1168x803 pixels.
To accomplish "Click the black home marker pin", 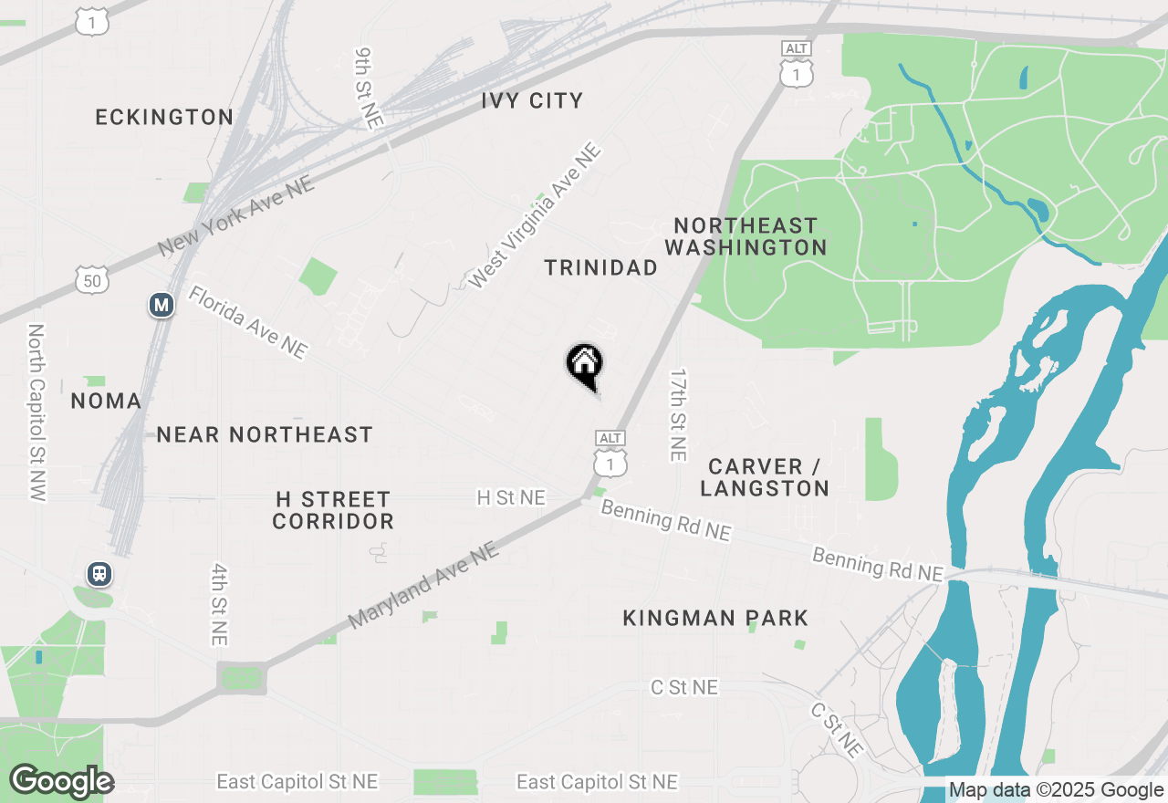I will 584,365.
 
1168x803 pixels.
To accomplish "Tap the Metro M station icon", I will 162,305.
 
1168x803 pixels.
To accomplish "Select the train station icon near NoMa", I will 99,574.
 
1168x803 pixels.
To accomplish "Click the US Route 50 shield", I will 93,280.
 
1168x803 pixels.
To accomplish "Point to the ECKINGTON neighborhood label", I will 165,117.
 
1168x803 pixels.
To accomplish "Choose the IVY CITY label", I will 532,100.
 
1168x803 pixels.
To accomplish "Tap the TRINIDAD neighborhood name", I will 600,267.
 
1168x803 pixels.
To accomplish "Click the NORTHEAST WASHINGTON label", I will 746,236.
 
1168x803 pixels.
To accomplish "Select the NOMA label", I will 106,401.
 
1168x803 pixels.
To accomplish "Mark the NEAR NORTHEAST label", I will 265,434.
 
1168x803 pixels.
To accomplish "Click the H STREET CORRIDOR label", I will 333,510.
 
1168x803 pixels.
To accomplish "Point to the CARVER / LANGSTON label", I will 765,477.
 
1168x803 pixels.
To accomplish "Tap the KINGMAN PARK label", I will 715,618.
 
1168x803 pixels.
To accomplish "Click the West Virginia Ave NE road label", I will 535,216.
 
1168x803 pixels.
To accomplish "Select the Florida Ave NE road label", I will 247,321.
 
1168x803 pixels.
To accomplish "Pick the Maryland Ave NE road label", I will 423,585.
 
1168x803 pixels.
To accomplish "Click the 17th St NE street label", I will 677,414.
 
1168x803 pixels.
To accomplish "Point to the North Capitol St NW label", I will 36,412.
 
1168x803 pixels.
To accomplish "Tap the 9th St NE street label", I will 369,89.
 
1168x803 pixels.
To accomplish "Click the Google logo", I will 61,781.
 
